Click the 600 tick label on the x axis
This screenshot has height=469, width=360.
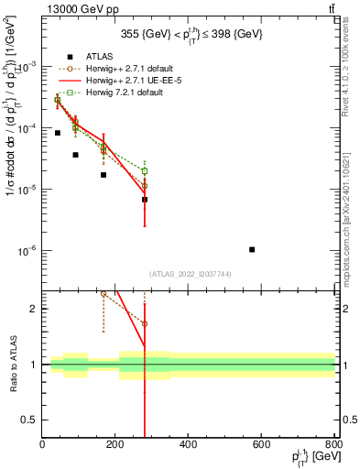click(x=262, y=445)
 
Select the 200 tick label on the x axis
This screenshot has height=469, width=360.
click(x=115, y=445)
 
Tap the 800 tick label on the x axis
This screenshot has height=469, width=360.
click(x=333, y=445)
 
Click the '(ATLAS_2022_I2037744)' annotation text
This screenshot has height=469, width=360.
click(x=190, y=274)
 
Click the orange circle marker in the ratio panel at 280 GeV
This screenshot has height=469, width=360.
click(x=145, y=324)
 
